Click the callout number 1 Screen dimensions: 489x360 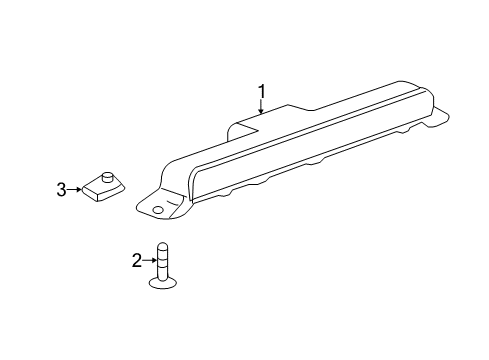pyautogui.click(x=262, y=91)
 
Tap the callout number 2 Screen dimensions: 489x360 pyautogui.click(x=137, y=260)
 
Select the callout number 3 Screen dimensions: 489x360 pyautogui.click(x=61, y=190)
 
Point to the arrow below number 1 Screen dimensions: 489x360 pyautogui.click(x=261, y=107)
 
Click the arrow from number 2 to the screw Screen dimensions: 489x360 pyautogui.click(x=149, y=260)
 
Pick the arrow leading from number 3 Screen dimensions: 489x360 pyautogui.click(x=74, y=190)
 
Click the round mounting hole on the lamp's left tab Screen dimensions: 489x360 pyautogui.click(x=157, y=209)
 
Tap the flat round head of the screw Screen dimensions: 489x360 pyautogui.click(x=163, y=283)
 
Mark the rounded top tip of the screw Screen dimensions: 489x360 pyautogui.click(x=162, y=244)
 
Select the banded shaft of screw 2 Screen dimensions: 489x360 pyautogui.click(x=162, y=262)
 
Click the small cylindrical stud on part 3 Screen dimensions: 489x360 pyautogui.click(x=107, y=177)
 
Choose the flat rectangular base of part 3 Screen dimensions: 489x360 pyautogui.click(x=103, y=189)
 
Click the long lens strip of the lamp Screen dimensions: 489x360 pyautogui.click(x=308, y=147)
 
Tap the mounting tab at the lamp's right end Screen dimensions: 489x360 pyautogui.click(x=437, y=117)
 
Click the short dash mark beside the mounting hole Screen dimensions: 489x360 pyautogui.click(x=172, y=202)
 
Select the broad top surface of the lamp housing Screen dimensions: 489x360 pyautogui.click(x=293, y=128)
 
